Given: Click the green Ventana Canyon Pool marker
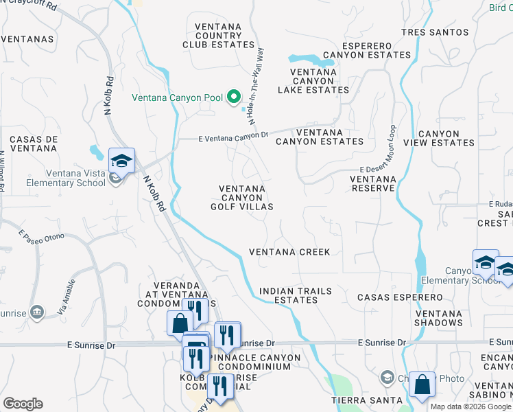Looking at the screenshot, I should pos(233,98).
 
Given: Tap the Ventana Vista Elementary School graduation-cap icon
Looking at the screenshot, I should pos(121,161).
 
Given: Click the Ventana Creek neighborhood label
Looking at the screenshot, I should pos(289,252).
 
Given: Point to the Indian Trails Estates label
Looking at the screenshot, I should pos(295,295).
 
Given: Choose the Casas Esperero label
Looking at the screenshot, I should pos(401,297).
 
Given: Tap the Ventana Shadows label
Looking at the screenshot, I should pos(438,318).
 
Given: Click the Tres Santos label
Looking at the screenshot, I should pos(435,32).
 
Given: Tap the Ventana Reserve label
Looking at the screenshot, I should pos(373,183).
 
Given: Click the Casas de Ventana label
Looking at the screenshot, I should pos(33,144).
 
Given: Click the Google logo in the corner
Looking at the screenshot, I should pos(23,404).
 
